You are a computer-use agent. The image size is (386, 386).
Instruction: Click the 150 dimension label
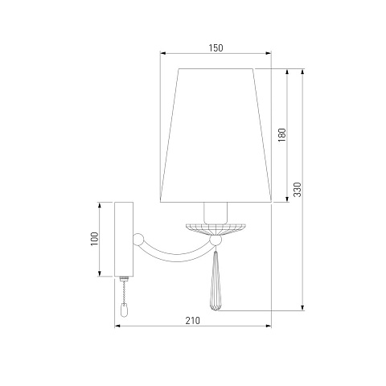[216, 47]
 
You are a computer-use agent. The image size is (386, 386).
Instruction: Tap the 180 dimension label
[282, 135]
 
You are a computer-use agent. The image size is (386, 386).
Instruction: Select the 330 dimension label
[298, 190]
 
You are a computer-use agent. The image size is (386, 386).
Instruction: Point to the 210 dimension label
[193, 320]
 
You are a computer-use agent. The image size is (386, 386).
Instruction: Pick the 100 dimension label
[94, 239]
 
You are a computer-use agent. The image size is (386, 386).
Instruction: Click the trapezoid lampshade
[216, 135]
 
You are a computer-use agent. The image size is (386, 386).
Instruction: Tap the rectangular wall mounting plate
[124, 239]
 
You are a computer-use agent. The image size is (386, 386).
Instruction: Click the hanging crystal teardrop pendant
[216, 281]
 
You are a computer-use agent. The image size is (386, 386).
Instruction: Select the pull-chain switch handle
[124, 310]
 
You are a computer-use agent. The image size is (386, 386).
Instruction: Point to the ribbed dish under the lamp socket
[216, 228]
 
